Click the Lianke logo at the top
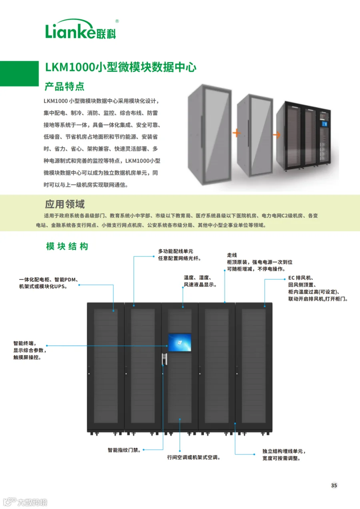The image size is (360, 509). click(x=81, y=29)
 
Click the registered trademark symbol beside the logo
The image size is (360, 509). click(x=117, y=21)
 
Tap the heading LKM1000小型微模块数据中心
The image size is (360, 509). click(x=121, y=67)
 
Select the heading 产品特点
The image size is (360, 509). click(x=64, y=86)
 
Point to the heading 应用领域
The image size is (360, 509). click(x=65, y=204)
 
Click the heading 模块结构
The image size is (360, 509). click(x=67, y=246)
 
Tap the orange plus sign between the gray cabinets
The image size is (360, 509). click(x=236, y=133)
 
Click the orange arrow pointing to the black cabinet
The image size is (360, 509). click(x=276, y=135)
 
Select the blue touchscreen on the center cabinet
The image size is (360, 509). click(x=180, y=342)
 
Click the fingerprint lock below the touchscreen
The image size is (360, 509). click(x=164, y=359)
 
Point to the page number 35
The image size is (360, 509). click(x=334, y=485)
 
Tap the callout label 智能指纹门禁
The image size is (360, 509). click(x=124, y=450)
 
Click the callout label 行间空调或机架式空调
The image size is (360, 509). click(x=194, y=457)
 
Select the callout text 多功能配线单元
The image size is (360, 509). click(x=176, y=251)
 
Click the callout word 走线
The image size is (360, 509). click(x=232, y=255)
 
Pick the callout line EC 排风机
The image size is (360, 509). click(x=301, y=277)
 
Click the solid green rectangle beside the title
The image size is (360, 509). click(x=19, y=74)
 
